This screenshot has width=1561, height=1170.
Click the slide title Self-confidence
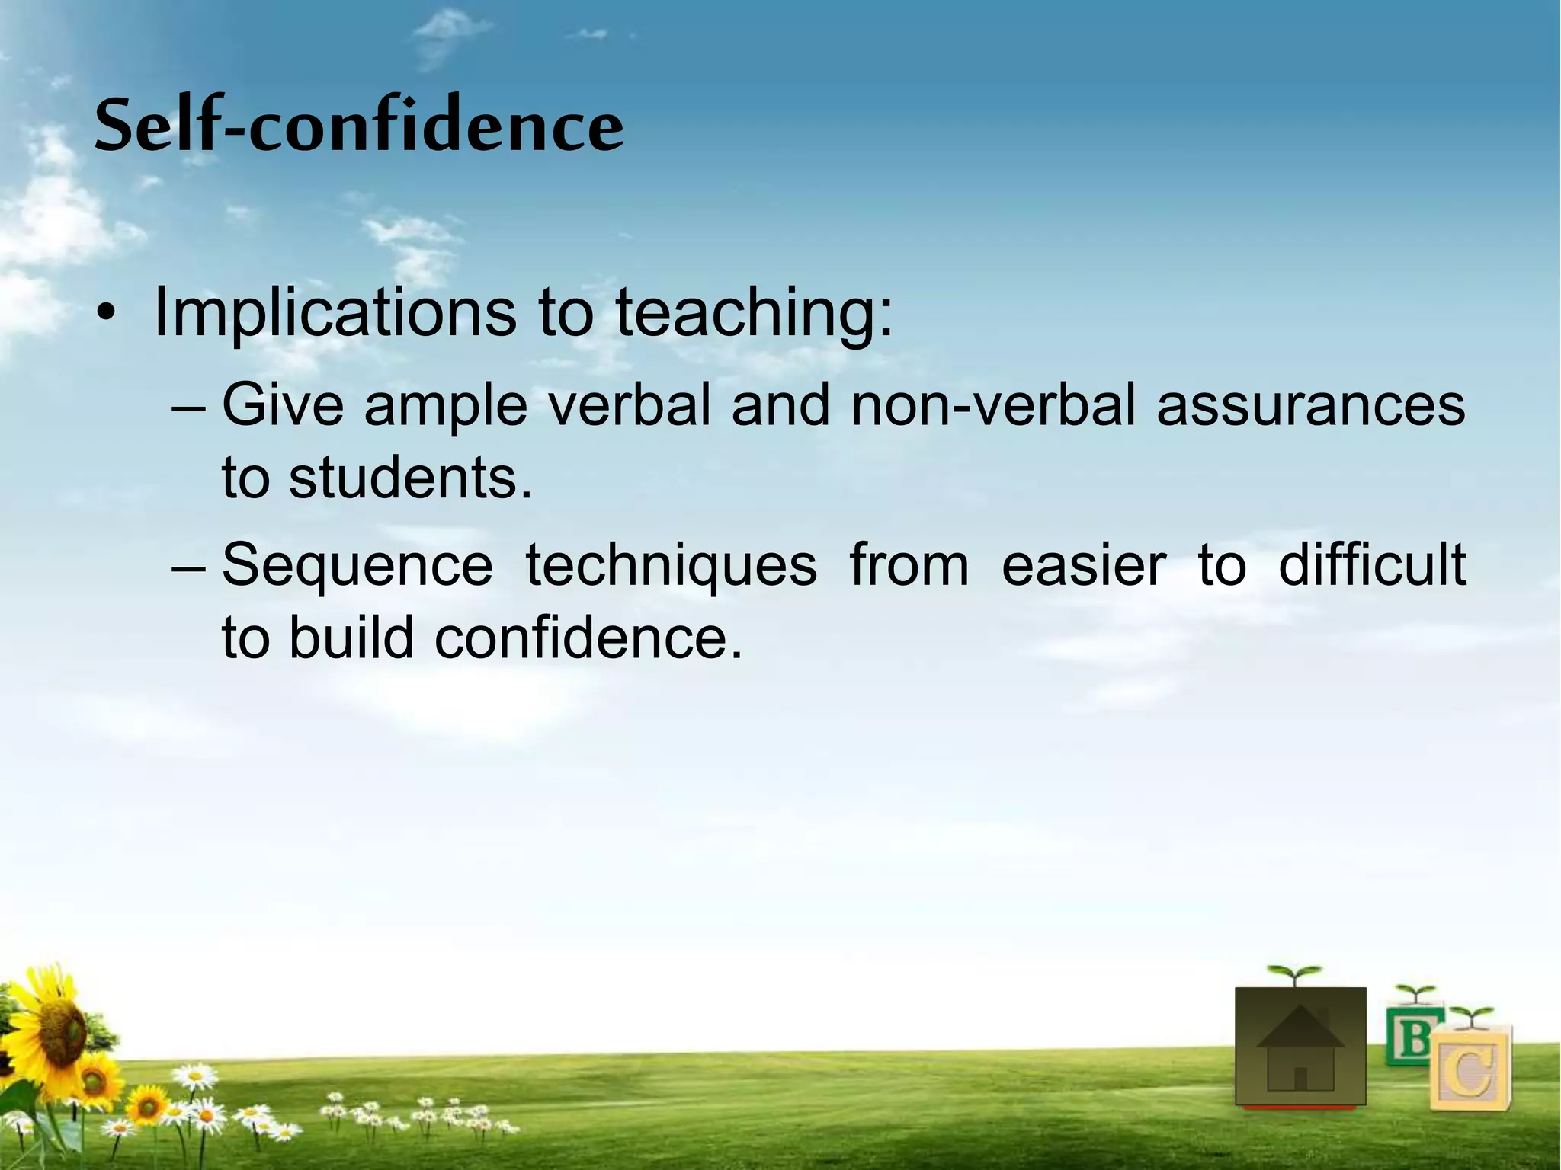point(359,126)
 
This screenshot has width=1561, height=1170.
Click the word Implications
point(335,313)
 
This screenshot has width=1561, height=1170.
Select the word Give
point(283,404)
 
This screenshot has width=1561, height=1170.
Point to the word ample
point(446,406)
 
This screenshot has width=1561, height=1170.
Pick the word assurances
point(1310,404)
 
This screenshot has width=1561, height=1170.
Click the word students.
point(411,478)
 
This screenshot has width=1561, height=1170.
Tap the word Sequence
point(357,566)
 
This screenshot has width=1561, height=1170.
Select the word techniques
point(671,566)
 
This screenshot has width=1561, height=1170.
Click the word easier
point(1083,566)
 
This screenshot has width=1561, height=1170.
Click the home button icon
point(1300,1047)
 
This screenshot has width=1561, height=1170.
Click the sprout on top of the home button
point(1293,974)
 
